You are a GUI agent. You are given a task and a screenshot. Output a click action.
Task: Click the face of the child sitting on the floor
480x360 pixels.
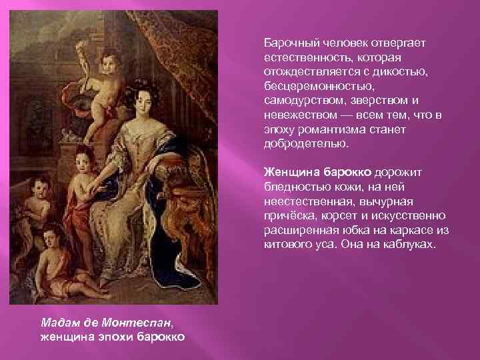click(x=49, y=238)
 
